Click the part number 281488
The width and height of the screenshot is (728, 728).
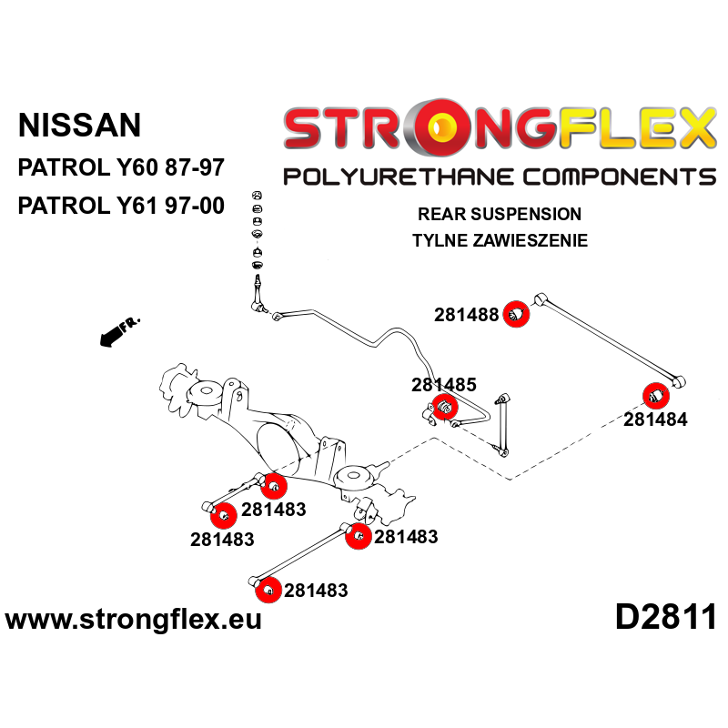(466, 315)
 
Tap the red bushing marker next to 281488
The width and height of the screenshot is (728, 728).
(516, 314)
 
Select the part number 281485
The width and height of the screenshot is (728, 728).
(444, 384)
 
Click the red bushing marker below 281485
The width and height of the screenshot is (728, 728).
(445, 407)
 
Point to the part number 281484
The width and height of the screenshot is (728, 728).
(655, 420)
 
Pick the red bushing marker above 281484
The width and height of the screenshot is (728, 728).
(656, 396)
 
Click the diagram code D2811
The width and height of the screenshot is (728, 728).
(666, 617)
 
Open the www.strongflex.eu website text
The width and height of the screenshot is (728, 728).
(133, 620)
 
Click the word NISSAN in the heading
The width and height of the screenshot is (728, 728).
(79, 125)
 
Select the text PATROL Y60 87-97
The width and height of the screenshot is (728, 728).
(121, 167)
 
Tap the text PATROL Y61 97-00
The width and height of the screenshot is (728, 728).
(121, 206)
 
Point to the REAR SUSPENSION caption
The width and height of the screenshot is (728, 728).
(500, 214)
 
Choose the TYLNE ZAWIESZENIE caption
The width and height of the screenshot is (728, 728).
(500, 240)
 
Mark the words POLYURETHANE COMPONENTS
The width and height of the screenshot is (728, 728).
(500, 177)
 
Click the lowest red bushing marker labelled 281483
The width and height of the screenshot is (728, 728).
(268, 590)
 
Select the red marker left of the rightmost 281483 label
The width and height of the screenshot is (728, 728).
(359, 536)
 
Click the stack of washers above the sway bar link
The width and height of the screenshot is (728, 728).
(258, 230)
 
